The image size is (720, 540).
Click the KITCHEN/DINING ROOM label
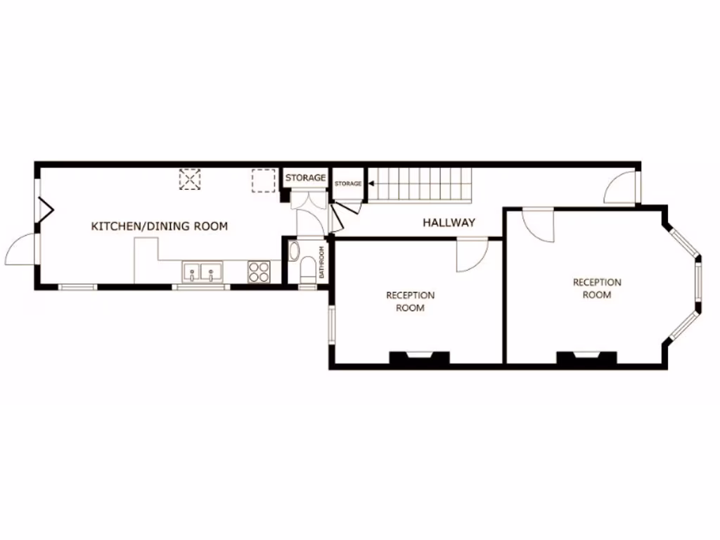click(x=160, y=226)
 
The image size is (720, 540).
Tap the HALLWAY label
click(x=449, y=223)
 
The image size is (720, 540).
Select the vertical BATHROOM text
click(x=322, y=262)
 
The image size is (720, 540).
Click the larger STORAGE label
click(x=305, y=178)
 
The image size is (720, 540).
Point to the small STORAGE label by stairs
click(x=348, y=184)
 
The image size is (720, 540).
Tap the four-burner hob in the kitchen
click(x=259, y=271)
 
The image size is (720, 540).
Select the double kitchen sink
click(x=202, y=271)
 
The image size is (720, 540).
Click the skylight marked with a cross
click(x=190, y=179)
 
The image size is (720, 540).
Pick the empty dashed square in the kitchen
click(x=264, y=180)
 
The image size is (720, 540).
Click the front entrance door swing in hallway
click(x=620, y=188)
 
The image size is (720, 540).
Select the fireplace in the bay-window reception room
click(x=586, y=357)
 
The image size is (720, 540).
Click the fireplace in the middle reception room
click(x=419, y=357)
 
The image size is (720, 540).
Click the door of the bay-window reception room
click(x=539, y=225)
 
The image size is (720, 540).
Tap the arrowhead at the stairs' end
click(x=371, y=184)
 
